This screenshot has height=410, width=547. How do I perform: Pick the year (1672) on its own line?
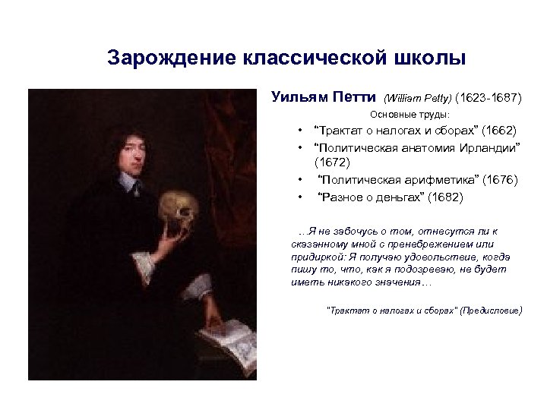[332, 162]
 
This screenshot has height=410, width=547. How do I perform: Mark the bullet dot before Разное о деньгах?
[302, 197]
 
